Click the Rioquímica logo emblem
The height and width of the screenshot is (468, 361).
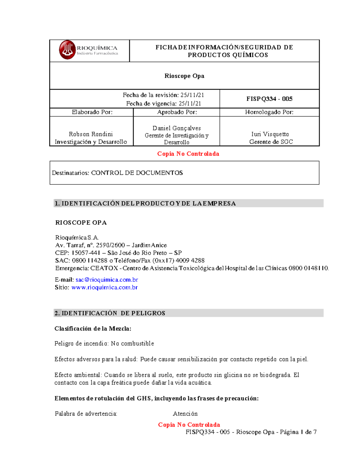tap(67, 50)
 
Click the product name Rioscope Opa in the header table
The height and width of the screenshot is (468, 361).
tap(184, 76)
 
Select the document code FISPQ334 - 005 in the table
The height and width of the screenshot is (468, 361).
tap(269, 99)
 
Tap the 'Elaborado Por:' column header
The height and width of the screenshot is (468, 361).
tap(92, 112)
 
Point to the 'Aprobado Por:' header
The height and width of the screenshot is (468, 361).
tap(177, 112)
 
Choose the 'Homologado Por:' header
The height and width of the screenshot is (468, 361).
tap(269, 112)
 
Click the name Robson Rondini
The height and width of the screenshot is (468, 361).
tap(91, 134)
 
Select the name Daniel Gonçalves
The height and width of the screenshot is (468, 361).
tap(177, 128)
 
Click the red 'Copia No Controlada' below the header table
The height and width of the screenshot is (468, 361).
tap(188, 154)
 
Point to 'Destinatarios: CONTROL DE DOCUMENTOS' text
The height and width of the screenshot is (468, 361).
tap(117, 173)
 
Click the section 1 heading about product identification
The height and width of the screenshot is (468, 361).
tap(145, 203)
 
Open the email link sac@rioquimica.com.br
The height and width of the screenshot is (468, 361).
tap(106, 280)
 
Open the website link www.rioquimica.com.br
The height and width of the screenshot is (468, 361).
tap(104, 287)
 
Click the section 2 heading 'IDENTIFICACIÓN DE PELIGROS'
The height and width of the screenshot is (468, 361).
tap(110, 313)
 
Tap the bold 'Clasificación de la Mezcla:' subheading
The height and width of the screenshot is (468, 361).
tap(93, 329)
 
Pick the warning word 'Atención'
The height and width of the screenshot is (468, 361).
tap(185, 414)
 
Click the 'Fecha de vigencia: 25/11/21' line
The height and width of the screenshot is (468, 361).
tap(163, 104)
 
